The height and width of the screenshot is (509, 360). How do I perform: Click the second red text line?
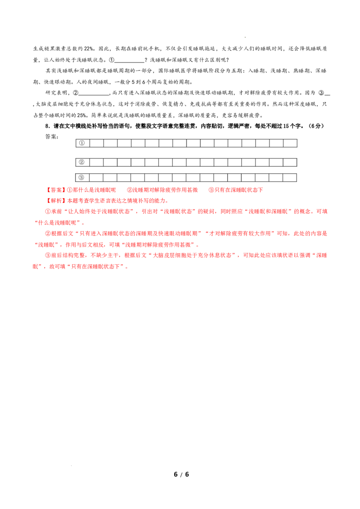tap(108, 201)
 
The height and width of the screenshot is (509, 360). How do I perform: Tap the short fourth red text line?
tap(59, 223)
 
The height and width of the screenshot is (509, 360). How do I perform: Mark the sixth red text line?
tap(117, 245)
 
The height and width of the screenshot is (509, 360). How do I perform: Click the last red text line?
tap(81, 267)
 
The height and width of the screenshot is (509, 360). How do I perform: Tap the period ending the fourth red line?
tap(85, 223)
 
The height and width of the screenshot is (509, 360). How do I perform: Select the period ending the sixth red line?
tap(199, 246)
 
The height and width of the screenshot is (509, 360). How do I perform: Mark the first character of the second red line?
tap(49, 201)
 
